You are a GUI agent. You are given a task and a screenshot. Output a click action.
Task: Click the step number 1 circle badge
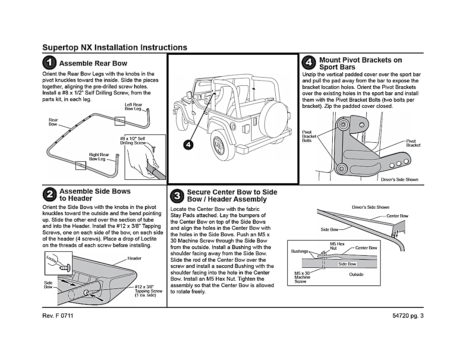coord(50,63)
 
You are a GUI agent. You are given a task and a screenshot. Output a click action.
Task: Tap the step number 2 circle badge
coord(50,195)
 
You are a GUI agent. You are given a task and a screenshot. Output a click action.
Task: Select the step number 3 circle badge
coord(177,196)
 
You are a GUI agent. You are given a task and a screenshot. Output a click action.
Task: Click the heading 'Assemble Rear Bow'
coord(93,63)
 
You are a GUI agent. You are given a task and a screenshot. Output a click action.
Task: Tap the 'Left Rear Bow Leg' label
coord(133,106)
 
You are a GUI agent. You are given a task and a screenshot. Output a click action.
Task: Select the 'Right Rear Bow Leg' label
coord(99,157)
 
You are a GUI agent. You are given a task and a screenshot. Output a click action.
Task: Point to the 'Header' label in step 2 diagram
coord(135,258)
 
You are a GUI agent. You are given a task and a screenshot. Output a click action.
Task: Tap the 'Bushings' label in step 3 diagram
coord(300,251)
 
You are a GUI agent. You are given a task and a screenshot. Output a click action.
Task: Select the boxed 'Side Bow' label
coord(347,264)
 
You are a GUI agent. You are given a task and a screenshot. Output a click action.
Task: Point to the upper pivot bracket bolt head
coord(343,125)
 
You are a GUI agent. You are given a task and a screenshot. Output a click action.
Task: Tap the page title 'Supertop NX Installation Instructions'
coord(115,47)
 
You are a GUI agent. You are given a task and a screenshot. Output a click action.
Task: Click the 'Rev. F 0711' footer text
coord(58,316)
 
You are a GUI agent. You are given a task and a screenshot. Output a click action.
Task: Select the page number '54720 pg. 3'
coord(406,316)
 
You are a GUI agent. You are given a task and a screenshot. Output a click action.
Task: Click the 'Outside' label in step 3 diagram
coord(356,274)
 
